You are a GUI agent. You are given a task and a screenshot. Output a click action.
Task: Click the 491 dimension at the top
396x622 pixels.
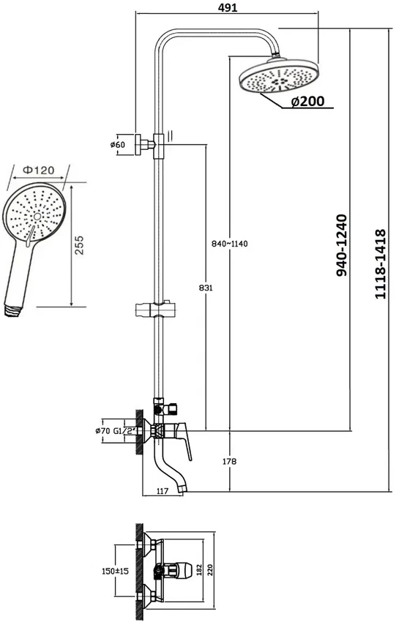(228, 7)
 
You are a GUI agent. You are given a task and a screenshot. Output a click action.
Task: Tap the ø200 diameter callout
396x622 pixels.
(307, 102)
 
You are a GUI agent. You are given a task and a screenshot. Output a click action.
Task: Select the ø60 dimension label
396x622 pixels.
(117, 145)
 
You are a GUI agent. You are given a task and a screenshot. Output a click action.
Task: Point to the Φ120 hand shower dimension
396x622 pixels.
(38, 171)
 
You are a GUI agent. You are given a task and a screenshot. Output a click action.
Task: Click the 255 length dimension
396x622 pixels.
(79, 245)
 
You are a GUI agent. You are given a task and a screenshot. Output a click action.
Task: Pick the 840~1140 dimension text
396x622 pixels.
(229, 244)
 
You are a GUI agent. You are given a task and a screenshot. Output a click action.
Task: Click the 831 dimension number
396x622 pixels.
(206, 288)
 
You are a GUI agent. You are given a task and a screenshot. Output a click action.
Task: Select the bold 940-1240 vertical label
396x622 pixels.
(341, 245)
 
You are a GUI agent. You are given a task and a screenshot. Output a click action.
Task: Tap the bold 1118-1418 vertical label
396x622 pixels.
(380, 263)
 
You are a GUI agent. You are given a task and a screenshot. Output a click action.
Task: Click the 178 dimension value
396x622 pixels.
(229, 461)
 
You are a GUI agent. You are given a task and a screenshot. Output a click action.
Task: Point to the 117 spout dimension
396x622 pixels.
(162, 491)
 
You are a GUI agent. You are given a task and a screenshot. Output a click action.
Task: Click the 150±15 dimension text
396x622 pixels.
(116, 572)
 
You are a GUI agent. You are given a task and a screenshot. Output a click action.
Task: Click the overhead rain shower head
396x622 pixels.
(280, 76)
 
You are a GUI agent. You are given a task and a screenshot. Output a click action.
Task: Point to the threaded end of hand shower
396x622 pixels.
(12, 310)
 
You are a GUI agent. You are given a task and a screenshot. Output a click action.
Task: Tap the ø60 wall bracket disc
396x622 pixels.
(138, 144)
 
